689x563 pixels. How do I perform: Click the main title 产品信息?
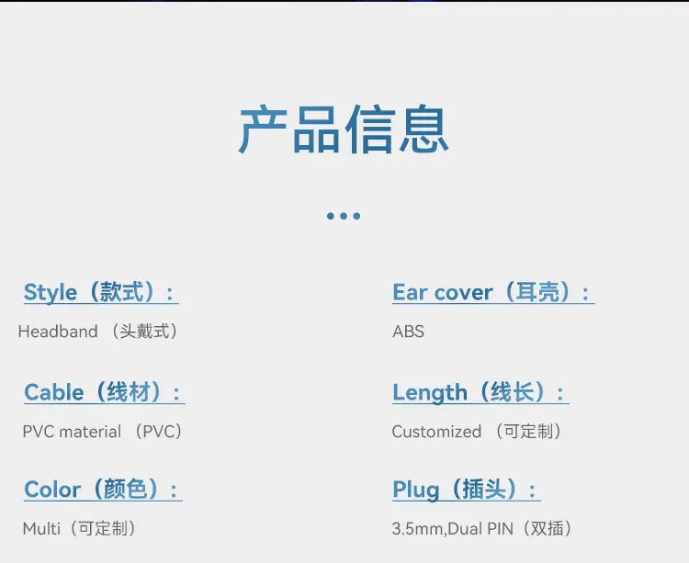click(344, 129)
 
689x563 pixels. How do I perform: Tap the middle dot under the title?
click(344, 216)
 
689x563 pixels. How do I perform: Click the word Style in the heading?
click(51, 292)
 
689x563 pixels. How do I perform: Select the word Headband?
click(58, 332)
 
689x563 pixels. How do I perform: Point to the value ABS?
click(408, 332)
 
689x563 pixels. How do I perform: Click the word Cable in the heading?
click(54, 392)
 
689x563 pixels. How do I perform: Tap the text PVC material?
click(72, 432)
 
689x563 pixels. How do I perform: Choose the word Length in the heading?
click(430, 392)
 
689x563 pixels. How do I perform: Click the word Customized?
click(436, 432)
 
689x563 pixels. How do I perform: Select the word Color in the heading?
click(52, 490)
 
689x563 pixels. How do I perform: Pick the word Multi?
click(41, 529)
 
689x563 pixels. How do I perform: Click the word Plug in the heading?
click(416, 490)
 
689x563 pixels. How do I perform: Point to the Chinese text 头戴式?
click(144, 332)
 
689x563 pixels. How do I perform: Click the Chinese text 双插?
click(548, 528)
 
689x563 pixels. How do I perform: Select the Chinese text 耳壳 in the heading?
click(537, 291)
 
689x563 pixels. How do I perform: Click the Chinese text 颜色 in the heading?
click(125, 489)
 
